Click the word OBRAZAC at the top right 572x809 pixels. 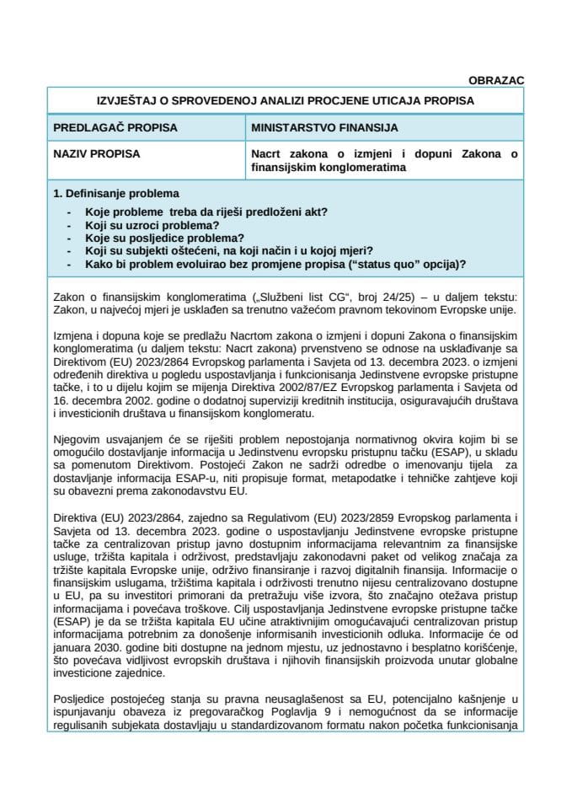pos(496,80)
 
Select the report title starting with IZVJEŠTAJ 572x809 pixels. pos(286,100)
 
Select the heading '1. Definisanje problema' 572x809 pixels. pos(115,193)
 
